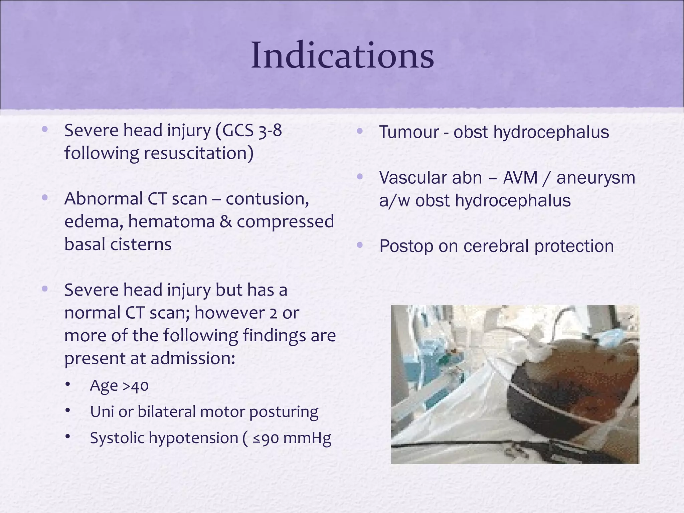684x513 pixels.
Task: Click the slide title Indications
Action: [342, 55]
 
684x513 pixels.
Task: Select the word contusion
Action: [267, 199]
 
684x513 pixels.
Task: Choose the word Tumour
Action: [409, 132]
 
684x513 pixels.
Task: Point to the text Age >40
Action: [119, 386]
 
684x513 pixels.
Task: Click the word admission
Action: [192, 359]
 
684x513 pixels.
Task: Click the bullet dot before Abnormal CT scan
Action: [45, 198]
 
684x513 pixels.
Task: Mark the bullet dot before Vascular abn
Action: [360, 177]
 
